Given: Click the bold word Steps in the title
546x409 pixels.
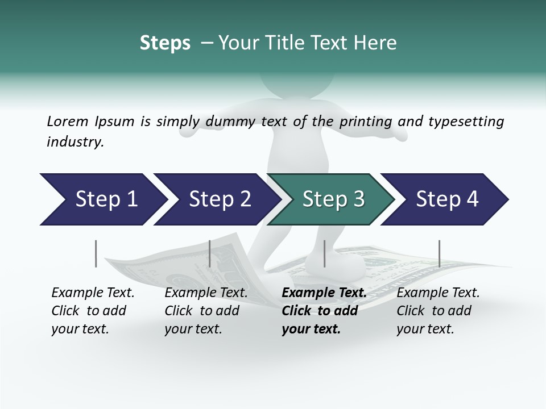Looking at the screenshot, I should [165, 43].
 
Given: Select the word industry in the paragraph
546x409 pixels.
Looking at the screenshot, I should [75, 142].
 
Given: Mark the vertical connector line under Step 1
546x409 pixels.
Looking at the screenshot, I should [96, 253].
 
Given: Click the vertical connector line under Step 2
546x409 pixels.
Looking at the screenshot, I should [210, 253].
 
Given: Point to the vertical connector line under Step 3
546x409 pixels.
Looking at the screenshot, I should [324, 253].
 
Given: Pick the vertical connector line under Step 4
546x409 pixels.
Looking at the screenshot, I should [439, 253].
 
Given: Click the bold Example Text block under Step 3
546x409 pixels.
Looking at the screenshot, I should [324, 311].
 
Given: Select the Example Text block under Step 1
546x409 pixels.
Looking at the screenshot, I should [93, 311].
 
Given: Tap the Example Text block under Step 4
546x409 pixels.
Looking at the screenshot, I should [438, 311].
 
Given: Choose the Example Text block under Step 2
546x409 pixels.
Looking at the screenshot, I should [206, 311].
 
